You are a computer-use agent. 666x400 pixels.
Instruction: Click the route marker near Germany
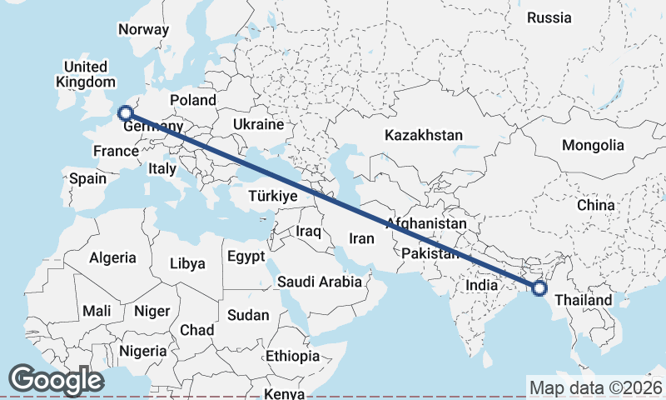[125, 113]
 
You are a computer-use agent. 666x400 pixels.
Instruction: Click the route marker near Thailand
[539, 288]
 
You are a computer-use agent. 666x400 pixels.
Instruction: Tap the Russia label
[549, 17]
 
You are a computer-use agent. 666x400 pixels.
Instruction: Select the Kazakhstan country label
[423, 135]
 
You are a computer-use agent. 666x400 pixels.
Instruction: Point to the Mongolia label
[592, 145]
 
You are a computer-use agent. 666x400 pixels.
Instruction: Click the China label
[595, 204]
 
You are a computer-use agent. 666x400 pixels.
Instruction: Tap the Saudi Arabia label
[320, 282]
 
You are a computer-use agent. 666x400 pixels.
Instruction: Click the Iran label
[361, 238]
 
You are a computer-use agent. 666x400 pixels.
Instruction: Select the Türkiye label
[273, 197]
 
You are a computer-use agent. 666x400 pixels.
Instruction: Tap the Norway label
[143, 30]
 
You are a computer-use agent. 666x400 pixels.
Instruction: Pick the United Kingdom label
[86, 74]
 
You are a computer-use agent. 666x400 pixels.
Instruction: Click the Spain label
[87, 178]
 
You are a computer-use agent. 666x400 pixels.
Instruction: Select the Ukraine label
[258, 124]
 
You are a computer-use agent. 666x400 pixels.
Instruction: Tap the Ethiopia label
[292, 356]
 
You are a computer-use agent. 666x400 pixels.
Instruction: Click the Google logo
[56, 380]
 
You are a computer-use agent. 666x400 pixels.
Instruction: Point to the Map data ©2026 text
[595, 387]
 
